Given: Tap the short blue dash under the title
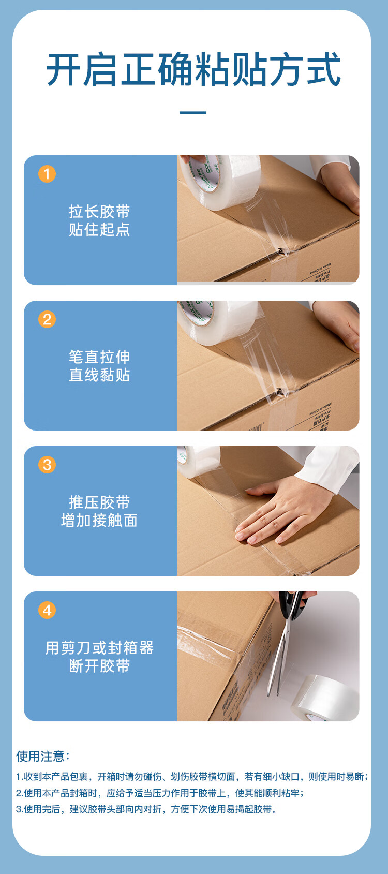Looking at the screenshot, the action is (x=193, y=113).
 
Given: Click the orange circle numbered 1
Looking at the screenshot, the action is (x=47, y=174).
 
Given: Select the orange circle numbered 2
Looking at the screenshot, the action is (x=47, y=319).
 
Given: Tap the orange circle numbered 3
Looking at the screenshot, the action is (x=47, y=464).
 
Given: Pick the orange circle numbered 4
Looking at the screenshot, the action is (x=47, y=610).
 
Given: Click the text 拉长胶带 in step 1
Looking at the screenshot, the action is (x=99, y=212).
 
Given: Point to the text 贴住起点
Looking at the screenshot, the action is (x=99, y=229).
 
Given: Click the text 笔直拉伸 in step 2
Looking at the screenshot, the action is (x=99, y=357).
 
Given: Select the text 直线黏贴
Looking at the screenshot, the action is (x=99, y=375).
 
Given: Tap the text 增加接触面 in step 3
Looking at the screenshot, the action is (x=99, y=520).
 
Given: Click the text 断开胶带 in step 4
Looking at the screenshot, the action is (x=99, y=665).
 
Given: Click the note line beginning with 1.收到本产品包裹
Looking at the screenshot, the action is (x=192, y=776).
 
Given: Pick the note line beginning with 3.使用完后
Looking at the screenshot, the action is (x=147, y=809).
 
